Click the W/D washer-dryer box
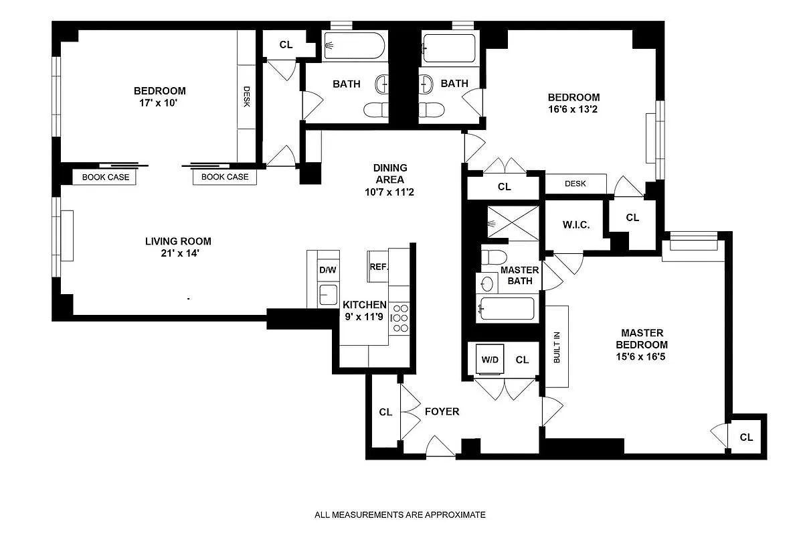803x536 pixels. pyautogui.click(x=490, y=359)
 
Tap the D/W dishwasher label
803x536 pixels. pyautogui.click(x=328, y=270)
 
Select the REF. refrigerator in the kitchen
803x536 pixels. pyautogui.click(x=378, y=266)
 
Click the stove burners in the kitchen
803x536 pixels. pyautogui.click(x=399, y=318)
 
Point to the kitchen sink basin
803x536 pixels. pyautogui.click(x=328, y=295)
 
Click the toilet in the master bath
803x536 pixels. pyautogui.click(x=494, y=257)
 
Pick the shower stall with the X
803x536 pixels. pyautogui.click(x=513, y=222)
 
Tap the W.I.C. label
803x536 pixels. pyautogui.click(x=576, y=225)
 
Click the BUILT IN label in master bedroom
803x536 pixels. pyautogui.click(x=557, y=347)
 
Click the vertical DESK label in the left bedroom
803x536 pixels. pyautogui.click(x=247, y=96)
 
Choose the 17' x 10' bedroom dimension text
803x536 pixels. pyautogui.click(x=159, y=103)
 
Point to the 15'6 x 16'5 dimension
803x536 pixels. pyautogui.click(x=640, y=356)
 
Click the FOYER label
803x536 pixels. pyautogui.click(x=442, y=411)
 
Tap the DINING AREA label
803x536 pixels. pyautogui.click(x=390, y=174)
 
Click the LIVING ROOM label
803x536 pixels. pyautogui.click(x=178, y=241)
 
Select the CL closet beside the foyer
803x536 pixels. pyautogui.click(x=385, y=412)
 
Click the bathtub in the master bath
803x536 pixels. pyautogui.click(x=507, y=308)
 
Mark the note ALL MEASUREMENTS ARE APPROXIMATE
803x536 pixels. pyautogui.click(x=400, y=515)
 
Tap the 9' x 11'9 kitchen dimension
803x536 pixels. pyautogui.click(x=364, y=317)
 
